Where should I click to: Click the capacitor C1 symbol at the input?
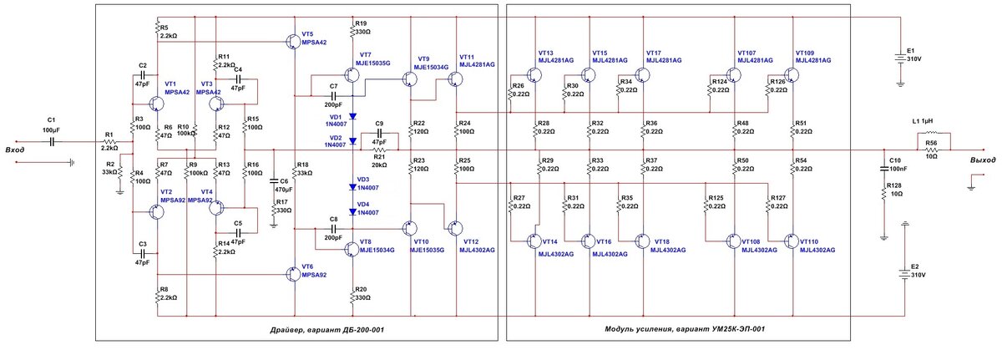(53, 142)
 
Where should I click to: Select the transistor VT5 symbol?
(293, 42)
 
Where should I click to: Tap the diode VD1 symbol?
(352, 116)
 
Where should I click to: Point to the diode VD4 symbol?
(352, 212)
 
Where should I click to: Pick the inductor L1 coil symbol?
(931, 132)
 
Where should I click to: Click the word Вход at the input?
(14, 150)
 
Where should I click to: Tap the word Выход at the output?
(983, 160)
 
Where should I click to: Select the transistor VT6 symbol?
(293, 274)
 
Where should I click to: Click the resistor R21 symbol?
(379, 150)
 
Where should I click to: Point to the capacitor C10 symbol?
(883, 169)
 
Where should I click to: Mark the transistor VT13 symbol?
(534, 74)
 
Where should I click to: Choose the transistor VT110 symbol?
(791, 241)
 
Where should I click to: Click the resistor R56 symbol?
(931, 150)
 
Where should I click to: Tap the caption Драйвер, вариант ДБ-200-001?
(327, 330)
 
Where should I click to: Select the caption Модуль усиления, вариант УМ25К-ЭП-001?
(685, 329)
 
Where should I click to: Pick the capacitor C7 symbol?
(333, 96)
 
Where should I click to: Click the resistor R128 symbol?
(883, 194)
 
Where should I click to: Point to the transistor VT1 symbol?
(156, 104)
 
